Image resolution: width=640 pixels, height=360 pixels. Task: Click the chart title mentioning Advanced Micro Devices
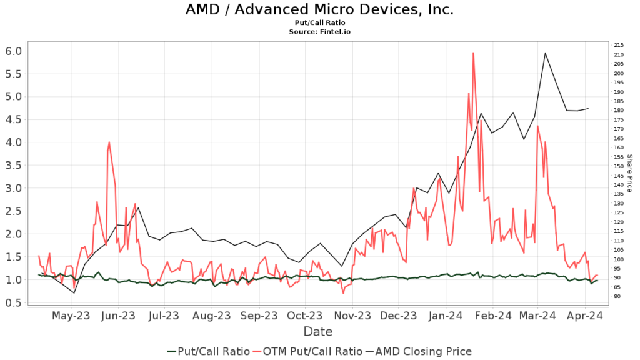point(319,10)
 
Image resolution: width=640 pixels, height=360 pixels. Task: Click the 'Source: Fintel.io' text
point(319,31)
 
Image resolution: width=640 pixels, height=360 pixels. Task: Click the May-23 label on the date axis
point(71,316)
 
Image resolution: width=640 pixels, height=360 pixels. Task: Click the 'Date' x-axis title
point(319,331)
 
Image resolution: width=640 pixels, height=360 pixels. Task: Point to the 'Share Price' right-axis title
point(629,173)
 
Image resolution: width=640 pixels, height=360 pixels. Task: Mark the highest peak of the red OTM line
point(473,52)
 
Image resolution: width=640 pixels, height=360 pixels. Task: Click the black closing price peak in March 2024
point(545,52)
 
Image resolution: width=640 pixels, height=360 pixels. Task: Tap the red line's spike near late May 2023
point(109,142)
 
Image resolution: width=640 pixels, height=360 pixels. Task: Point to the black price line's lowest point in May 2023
point(74,292)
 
